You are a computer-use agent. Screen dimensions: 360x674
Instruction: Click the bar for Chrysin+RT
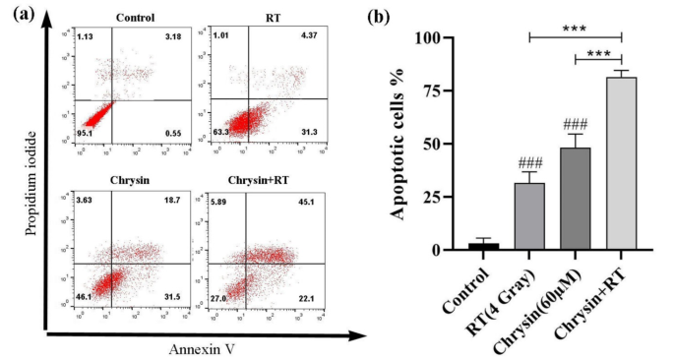(622, 163)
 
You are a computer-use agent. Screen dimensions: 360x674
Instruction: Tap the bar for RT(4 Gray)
(529, 216)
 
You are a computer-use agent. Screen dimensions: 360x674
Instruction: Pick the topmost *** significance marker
(576, 29)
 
